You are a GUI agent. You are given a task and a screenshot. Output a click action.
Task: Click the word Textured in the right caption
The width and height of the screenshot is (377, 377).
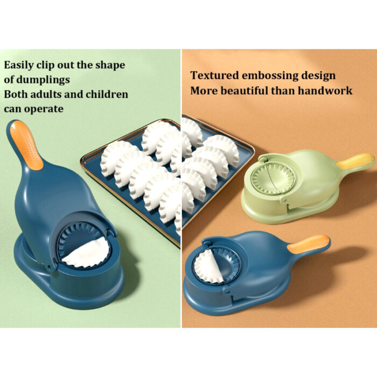point(213,75)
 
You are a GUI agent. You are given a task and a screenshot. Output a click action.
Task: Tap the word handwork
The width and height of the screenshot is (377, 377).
point(326,90)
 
